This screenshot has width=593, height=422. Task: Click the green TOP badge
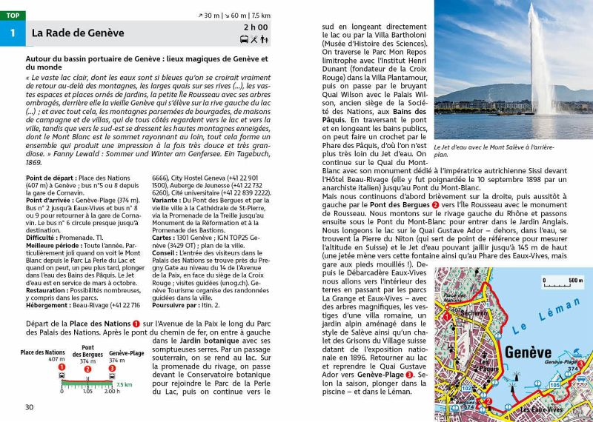click(13, 15)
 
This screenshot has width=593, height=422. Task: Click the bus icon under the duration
click(245, 39)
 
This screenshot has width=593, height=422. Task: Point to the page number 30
click(30, 406)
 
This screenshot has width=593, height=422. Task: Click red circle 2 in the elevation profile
click(87, 368)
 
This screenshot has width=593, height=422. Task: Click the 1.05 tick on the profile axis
click(87, 391)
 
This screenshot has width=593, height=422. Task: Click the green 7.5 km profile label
click(124, 385)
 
